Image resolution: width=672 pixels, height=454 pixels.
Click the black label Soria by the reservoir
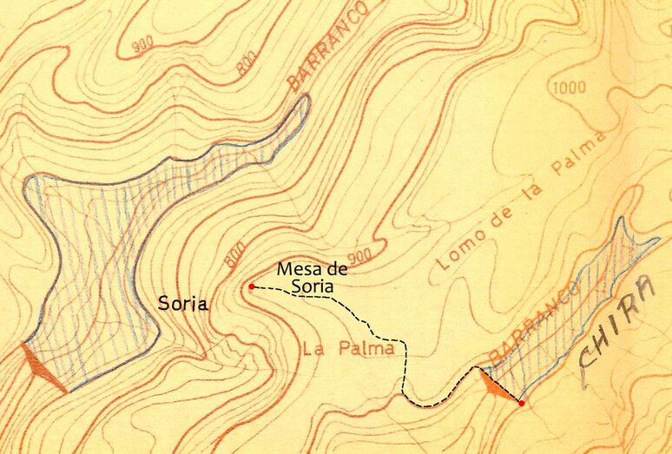point(182,304)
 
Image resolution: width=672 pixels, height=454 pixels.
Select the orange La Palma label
point(349,349)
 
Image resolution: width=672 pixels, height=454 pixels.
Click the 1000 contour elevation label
point(568,87)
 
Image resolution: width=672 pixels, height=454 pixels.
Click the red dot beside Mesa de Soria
point(251,286)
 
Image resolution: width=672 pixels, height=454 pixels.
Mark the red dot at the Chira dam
point(521,403)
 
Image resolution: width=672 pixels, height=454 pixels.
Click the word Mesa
point(293,268)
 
